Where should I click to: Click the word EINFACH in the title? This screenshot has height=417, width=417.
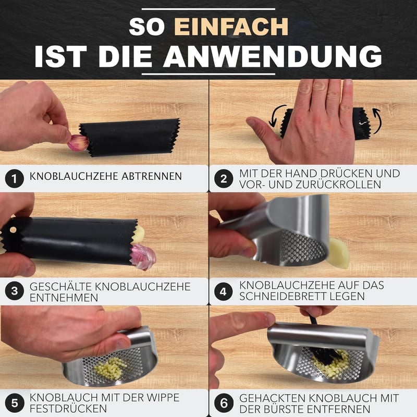[x=231, y=27]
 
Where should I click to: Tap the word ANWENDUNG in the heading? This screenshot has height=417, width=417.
[x=273, y=56]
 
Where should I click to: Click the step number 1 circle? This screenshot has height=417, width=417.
[x=15, y=179]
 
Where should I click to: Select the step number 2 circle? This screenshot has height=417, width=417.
[x=224, y=179]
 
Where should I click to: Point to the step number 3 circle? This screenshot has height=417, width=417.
[x=15, y=291]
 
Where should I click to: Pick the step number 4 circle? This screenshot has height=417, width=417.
[x=223, y=291]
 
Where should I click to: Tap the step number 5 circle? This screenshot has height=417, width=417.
[x=15, y=403]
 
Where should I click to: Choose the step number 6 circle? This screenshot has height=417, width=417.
[x=224, y=403]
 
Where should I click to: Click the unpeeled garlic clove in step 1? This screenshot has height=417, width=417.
[x=78, y=143]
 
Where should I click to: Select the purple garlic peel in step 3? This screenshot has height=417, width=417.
[x=143, y=257]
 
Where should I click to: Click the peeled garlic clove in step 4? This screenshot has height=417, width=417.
[x=338, y=253]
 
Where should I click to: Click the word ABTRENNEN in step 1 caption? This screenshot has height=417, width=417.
[x=152, y=176]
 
